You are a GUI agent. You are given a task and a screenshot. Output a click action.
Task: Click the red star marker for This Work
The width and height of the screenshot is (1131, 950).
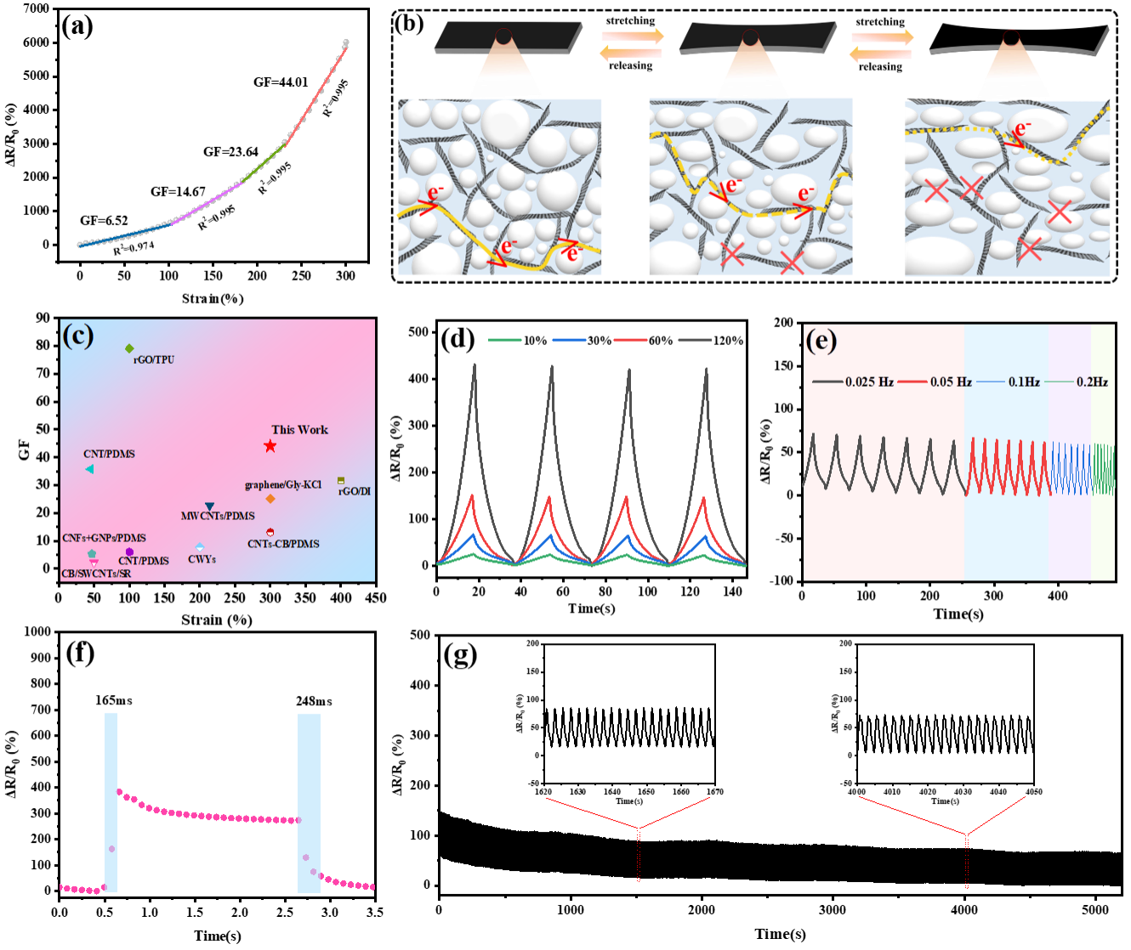click(270, 446)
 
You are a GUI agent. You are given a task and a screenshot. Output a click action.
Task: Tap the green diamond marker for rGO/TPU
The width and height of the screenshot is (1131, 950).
click(129, 348)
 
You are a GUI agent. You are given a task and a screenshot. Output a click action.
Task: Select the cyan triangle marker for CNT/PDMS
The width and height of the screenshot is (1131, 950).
click(89, 469)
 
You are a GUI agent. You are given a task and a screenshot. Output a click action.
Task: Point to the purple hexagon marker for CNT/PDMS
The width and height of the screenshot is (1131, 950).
click(129, 551)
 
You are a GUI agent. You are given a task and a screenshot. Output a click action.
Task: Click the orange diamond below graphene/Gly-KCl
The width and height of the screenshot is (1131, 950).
click(270, 499)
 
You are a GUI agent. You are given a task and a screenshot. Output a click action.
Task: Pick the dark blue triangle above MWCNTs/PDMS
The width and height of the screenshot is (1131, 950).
click(209, 507)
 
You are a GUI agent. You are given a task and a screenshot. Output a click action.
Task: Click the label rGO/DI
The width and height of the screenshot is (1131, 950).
click(355, 491)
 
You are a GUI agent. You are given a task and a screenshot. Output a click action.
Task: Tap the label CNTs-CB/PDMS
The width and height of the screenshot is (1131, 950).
click(283, 544)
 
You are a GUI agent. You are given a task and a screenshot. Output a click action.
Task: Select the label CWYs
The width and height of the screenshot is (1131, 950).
click(202, 559)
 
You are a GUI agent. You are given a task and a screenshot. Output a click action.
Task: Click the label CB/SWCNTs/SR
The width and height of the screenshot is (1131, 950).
click(96, 574)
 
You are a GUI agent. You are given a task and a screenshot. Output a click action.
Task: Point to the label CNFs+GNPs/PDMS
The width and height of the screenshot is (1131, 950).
click(104, 538)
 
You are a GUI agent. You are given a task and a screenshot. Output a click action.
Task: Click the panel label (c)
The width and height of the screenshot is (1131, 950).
click(78, 336)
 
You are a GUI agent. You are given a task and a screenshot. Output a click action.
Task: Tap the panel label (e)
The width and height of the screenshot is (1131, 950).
click(821, 341)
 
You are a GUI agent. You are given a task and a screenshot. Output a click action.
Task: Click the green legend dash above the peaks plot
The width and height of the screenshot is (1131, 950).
click(505, 340)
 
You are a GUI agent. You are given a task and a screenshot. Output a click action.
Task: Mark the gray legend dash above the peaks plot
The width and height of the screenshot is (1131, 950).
click(695, 340)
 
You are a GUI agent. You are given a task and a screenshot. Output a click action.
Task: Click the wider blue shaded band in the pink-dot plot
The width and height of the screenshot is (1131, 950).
click(310, 803)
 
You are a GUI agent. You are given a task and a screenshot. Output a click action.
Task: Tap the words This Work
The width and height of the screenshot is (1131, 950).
click(299, 430)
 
